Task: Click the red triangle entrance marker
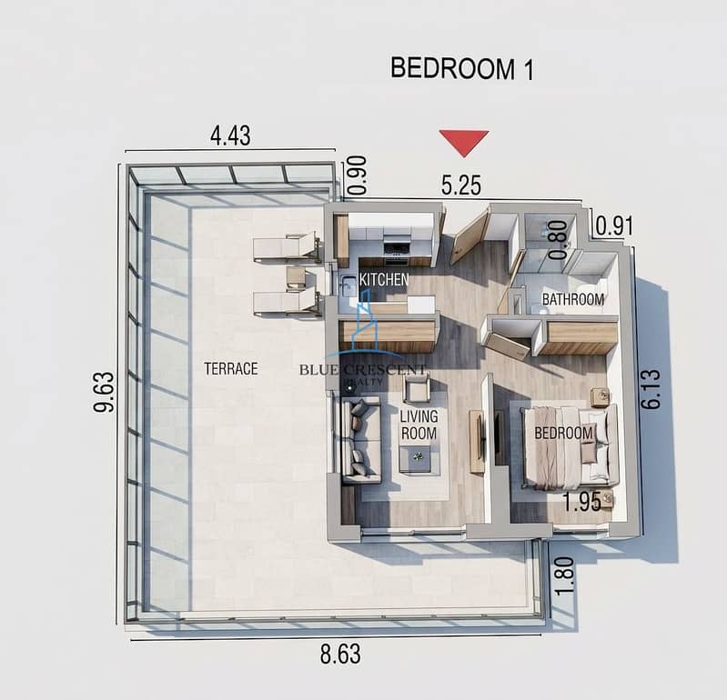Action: pyautogui.click(x=464, y=141)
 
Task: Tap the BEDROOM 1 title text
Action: pyautogui.click(x=462, y=69)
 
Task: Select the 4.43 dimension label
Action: pyautogui.click(x=230, y=135)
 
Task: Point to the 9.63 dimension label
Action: pyautogui.click(x=104, y=392)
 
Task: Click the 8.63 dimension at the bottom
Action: pyautogui.click(x=340, y=655)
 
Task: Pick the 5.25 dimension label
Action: pyautogui.click(x=461, y=185)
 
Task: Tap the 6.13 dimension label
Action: pyautogui.click(x=651, y=389)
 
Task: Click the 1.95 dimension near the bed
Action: pyautogui.click(x=582, y=502)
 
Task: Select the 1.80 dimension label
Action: pyautogui.click(x=564, y=575)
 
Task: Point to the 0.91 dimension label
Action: pyautogui.click(x=614, y=226)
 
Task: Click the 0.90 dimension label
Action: pyautogui.click(x=358, y=175)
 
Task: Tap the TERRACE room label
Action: pyautogui.click(x=231, y=369)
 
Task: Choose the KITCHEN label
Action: pyautogui.click(x=384, y=279)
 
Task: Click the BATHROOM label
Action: pyautogui.click(x=573, y=299)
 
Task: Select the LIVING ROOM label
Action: pyautogui.click(x=419, y=425)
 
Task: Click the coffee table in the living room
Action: pyautogui.click(x=419, y=460)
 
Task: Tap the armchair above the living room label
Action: pyautogui.click(x=417, y=388)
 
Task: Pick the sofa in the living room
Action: pyautogui.click(x=360, y=440)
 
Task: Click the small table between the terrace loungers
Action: pyautogui.click(x=296, y=279)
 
